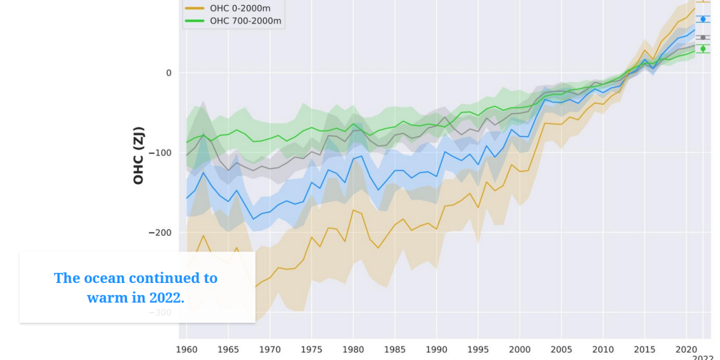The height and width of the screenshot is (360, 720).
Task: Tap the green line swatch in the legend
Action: [195, 21]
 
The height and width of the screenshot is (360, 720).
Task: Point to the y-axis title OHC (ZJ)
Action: [138, 155]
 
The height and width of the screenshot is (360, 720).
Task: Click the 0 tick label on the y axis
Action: [169, 73]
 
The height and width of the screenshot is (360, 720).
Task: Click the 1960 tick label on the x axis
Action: [186, 349]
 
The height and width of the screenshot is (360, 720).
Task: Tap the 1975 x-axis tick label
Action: [311, 349]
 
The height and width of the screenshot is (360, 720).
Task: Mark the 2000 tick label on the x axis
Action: [520, 349]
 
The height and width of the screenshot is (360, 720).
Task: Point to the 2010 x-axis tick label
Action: [603, 349]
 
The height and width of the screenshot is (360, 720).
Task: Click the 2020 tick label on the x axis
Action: [687, 349]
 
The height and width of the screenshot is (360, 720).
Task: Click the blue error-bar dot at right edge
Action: [703, 19]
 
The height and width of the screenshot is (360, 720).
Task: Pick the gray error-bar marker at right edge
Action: [703, 37]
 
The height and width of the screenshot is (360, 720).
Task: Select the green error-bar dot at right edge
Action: [703, 49]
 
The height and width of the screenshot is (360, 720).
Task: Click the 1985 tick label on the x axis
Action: [395, 349]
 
